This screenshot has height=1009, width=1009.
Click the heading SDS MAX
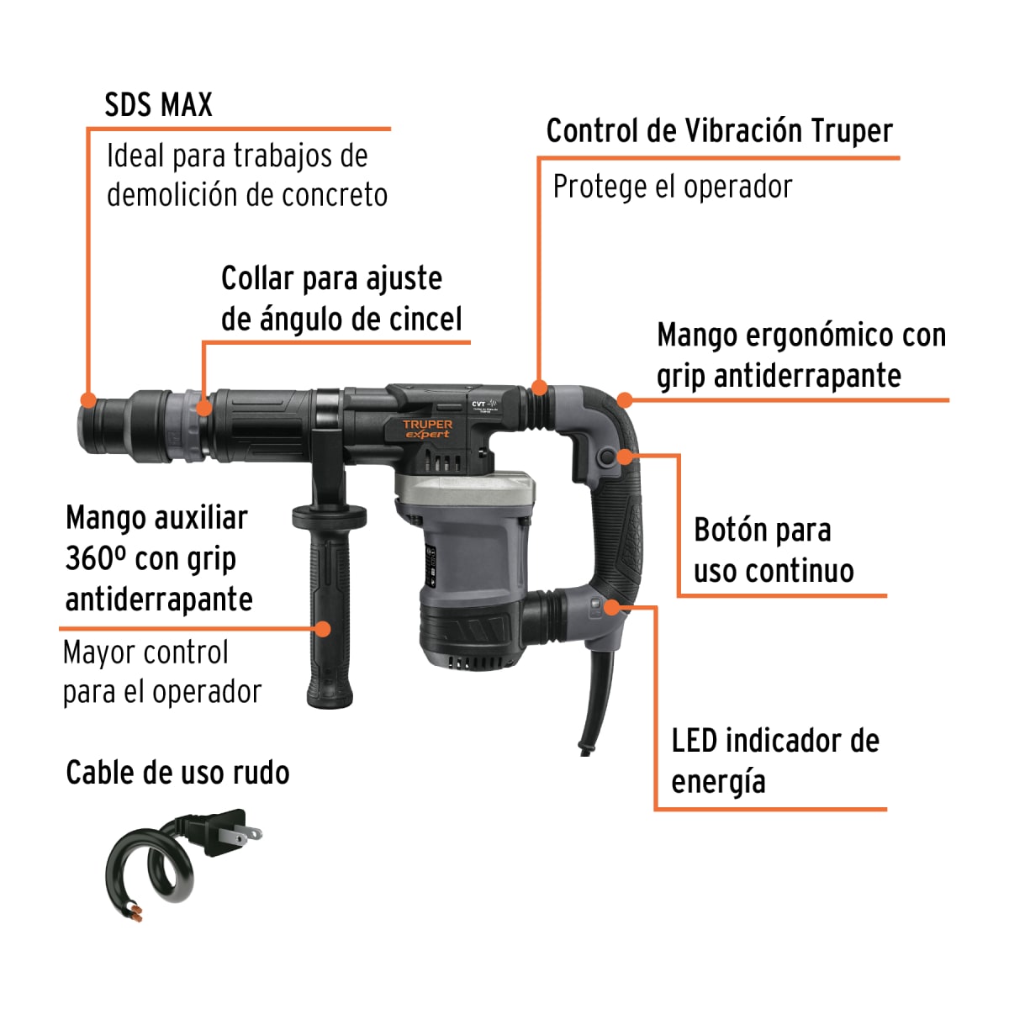point(158,105)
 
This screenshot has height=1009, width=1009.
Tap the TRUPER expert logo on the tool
point(427,429)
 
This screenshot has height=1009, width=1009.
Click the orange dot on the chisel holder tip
point(87,400)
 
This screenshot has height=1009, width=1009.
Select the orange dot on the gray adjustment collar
point(203,409)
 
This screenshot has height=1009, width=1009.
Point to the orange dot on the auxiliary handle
point(322,628)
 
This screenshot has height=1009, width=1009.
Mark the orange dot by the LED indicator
point(613,606)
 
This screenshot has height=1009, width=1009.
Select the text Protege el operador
point(672,187)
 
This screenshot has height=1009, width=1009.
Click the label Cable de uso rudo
point(177,773)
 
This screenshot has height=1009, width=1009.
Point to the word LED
point(694,742)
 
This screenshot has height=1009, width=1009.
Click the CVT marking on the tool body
point(478,404)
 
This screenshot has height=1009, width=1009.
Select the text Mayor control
point(145,653)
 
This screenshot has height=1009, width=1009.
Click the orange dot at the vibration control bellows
point(540,388)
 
